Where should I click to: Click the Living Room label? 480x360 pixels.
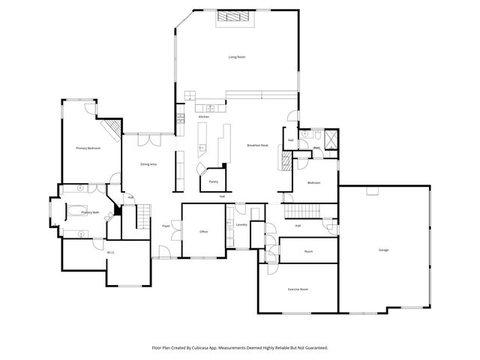237,57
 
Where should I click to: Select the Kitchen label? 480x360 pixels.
203,118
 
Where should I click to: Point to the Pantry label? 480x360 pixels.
214,181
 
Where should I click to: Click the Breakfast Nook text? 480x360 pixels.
259,145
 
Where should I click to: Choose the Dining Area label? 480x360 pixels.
148,164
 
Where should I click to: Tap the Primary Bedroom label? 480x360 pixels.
88,148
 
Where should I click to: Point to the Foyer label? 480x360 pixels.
166,225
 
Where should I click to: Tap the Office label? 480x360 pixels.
202,232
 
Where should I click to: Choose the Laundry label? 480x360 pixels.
241,224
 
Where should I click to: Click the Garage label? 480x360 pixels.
383,250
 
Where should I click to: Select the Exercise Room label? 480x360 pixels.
298,289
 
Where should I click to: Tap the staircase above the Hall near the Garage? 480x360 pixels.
306,211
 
